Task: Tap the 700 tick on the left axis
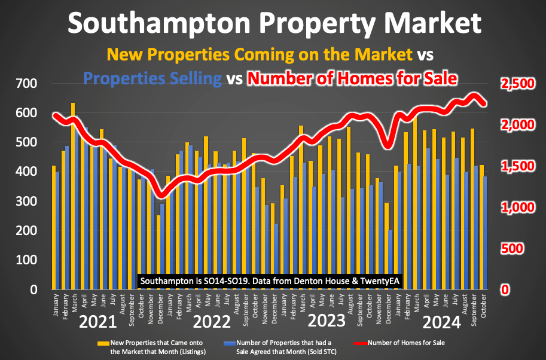(26, 84)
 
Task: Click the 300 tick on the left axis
(26, 202)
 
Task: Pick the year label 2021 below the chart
(98, 322)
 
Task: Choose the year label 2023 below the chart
(327, 321)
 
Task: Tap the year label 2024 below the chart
(441, 323)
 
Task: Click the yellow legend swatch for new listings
(103, 344)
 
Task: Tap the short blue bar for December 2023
(391, 260)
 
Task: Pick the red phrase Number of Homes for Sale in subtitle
(353, 78)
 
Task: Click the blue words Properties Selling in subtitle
(152, 78)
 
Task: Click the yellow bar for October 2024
(481, 227)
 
